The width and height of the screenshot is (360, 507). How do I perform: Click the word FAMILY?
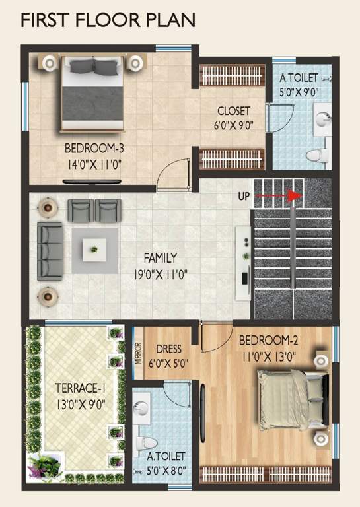pyautogui.click(x=161, y=258)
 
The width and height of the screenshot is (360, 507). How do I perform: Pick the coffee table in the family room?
pyautogui.click(x=94, y=250)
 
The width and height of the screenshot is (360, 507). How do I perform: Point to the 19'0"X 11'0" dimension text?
pyautogui.click(x=161, y=273)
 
